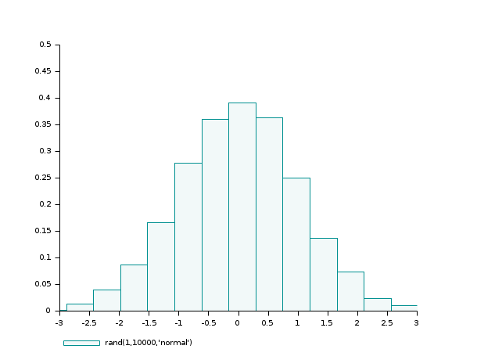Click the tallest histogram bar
(242, 207)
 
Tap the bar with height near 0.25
(296, 244)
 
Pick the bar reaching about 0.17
(160, 266)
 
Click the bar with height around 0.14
(324, 274)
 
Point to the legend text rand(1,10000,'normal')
(149, 343)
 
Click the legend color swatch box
(81, 343)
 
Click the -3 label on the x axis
(59, 322)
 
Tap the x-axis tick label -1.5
(149, 322)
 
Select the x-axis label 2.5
(387, 322)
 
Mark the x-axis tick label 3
(417, 322)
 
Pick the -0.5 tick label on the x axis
(208, 322)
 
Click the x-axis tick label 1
(298, 322)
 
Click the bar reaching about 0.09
(134, 287)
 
